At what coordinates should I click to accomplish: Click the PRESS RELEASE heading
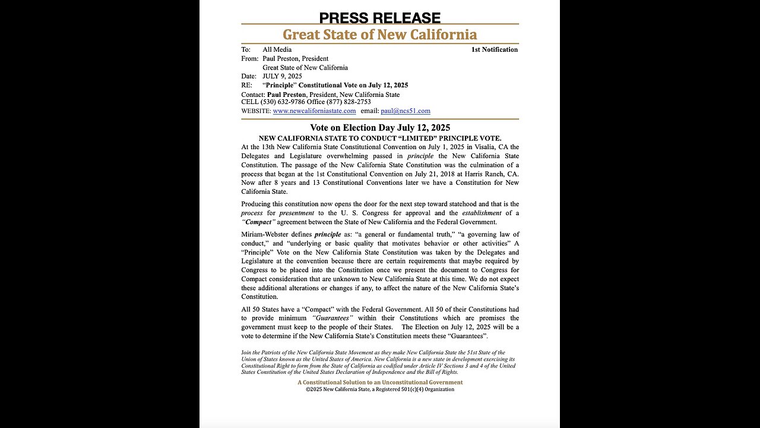pyautogui.click(x=379, y=18)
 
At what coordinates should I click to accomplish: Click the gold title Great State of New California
pyautogui.click(x=379, y=34)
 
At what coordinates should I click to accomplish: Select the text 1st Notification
pyautogui.click(x=494, y=49)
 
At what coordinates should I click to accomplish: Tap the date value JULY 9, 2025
pyautogui.click(x=282, y=76)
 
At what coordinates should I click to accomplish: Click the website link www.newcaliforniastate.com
pyautogui.click(x=314, y=111)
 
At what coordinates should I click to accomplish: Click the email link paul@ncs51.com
pyautogui.click(x=406, y=111)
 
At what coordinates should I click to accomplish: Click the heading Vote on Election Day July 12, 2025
pyautogui.click(x=379, y=127)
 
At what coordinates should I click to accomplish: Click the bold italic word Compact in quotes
pyautogui.click(x=258, y=222)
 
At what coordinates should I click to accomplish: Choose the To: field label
pyautogui.click(x=246, y=49)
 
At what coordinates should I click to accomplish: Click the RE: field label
pyautogui.click(x=246, y=85)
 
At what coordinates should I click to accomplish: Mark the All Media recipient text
pyautogui.click(x=277, y=49)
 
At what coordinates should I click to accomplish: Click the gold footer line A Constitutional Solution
pyautogui.click(x=380, y=382)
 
